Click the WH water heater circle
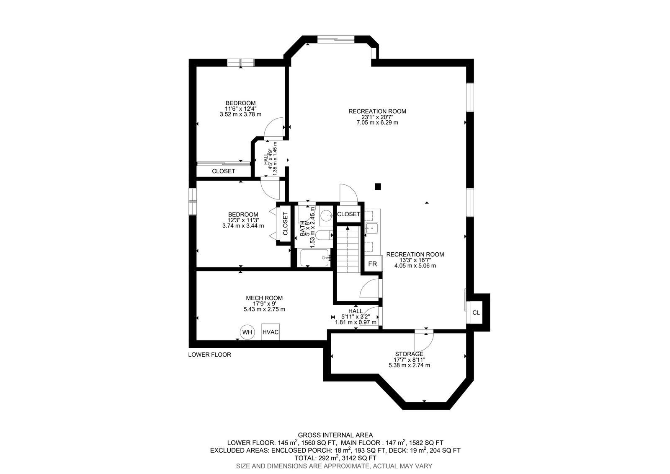pyautogui.click(x=247, y=332)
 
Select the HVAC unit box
pyautogui.click(x=271, y=332)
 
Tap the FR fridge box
pyautogui.click(x=372, y=264)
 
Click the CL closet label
pyautogui.click(x=476, y=313)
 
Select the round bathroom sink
pyautogui.click(x=326, y=215)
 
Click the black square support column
pyautogui.click(x=378, y=187)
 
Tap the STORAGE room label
pyautogui.click(x=409, y=354)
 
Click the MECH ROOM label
pyautogui.click(x=264, y=298)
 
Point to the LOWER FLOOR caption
pyautogui.click(x=210, y=355)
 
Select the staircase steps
pyautogui.click(x=348, y=249)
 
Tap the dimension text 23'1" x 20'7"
pyautogui.click(x=377, y=117)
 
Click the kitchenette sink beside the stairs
pyautogui.click(x=371, y=228)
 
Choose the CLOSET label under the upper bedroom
pyautogui.click(x=224, y=171)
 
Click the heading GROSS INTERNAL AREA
pyautogui.click(x=335, y=435)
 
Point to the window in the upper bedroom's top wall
pyautogui.click(x=240, y=62)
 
